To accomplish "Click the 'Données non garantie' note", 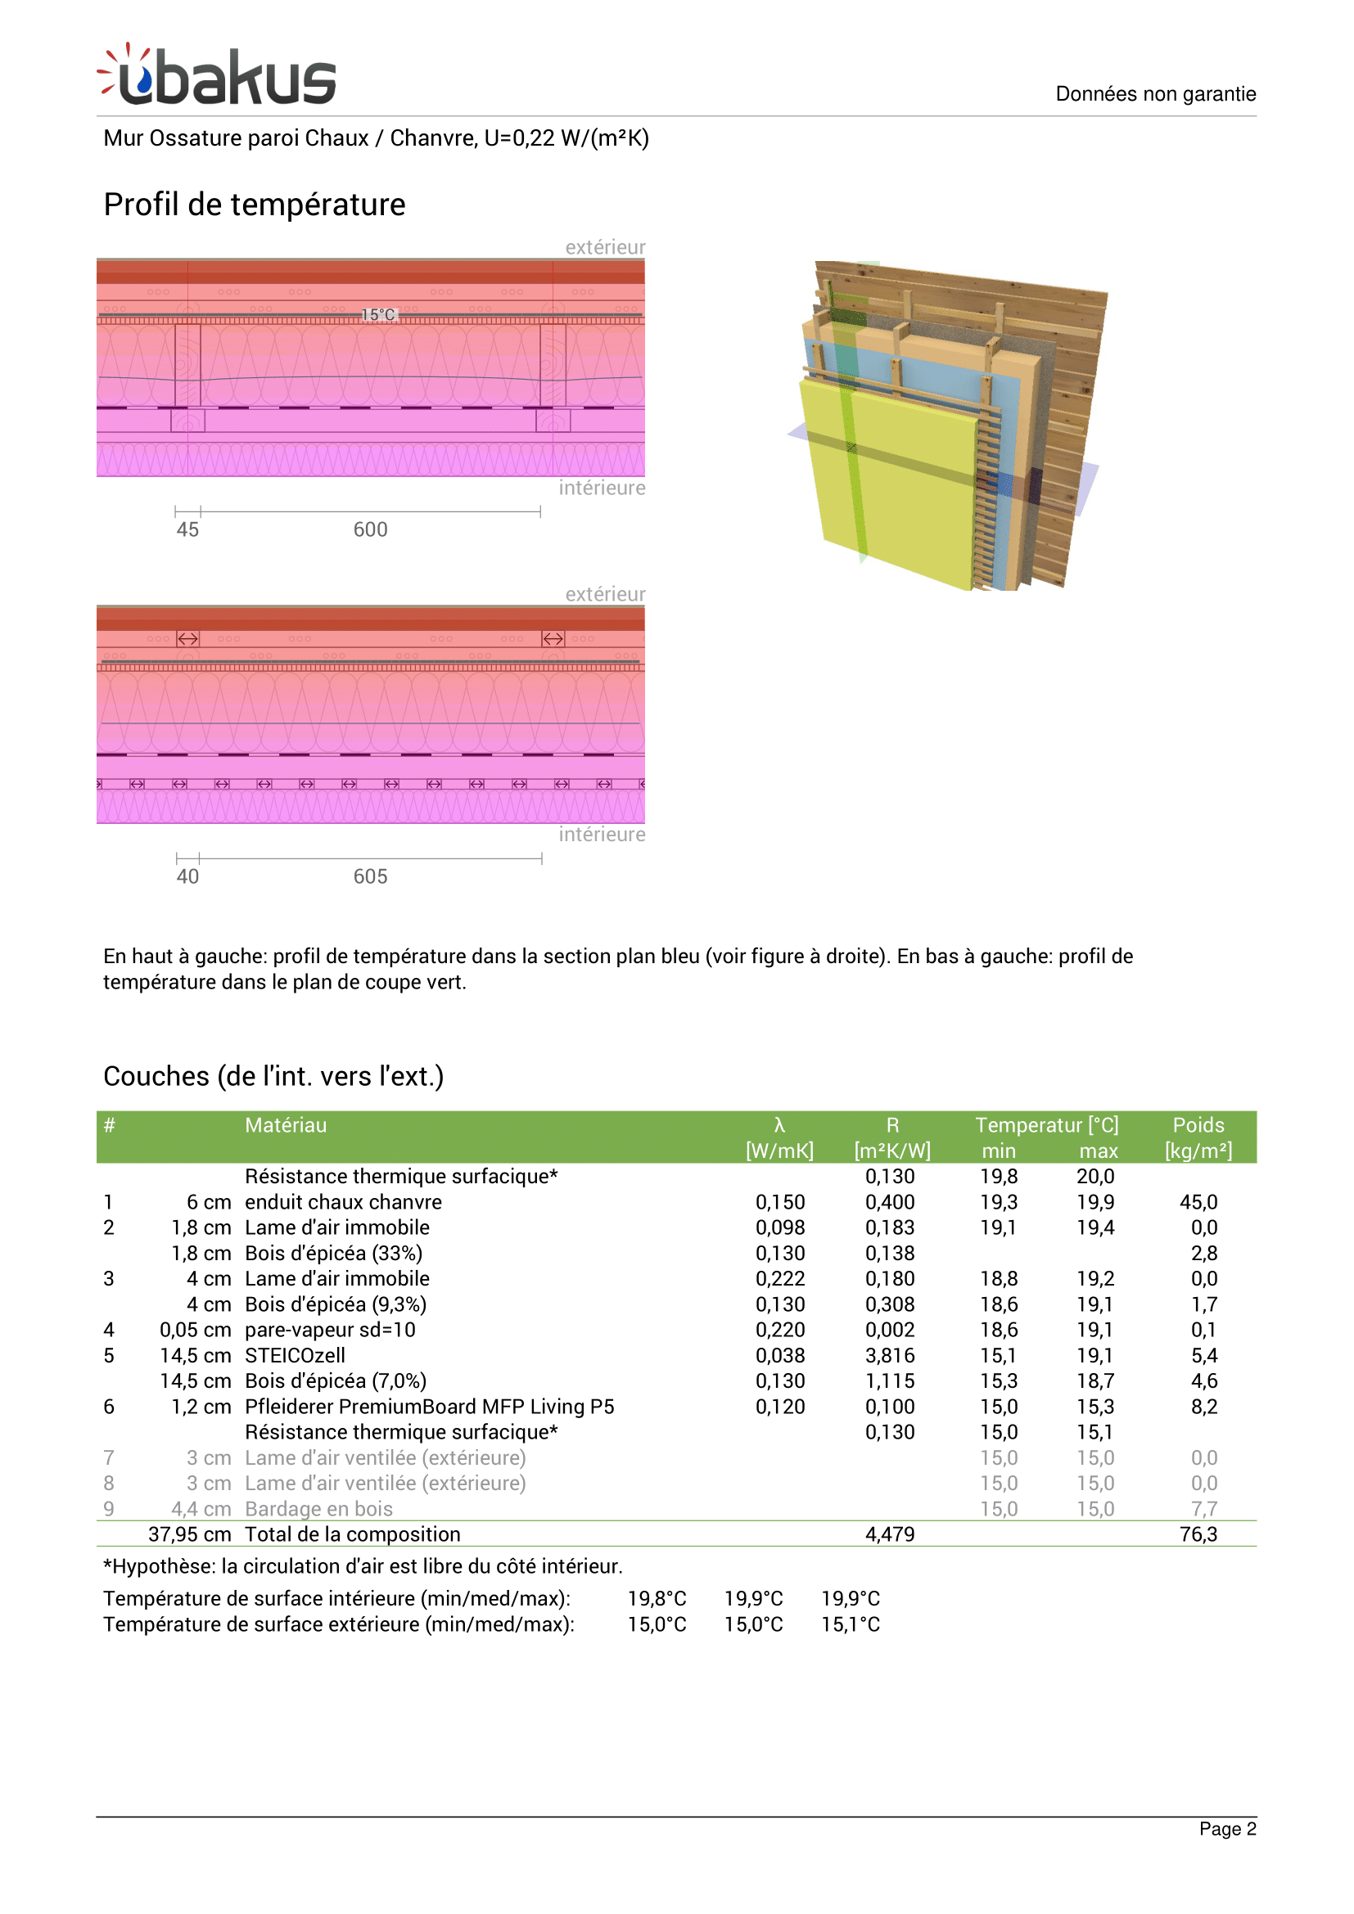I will [x=1155, y=93].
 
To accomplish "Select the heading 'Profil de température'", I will [x=255, y=205].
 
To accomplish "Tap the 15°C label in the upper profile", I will [x=378, y=314].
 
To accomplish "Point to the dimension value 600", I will [x=370, y=529].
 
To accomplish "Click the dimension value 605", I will [x=370, y=876].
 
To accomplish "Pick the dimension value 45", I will [x=187, y=529].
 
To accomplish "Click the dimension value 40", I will [x=187, y=876].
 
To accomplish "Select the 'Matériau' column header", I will [x=285, y=1125].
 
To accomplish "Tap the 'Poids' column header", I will [x=1198, y=1125].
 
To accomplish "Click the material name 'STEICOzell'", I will [x=295, y=1355].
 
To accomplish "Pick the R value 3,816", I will [x=890, y=1355].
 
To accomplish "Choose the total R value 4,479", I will [x=890, y=1533].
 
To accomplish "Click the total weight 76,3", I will [x=1198, y=1533].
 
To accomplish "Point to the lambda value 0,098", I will [x=779, y=1227].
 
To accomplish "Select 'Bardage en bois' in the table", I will [x=318, y=1509].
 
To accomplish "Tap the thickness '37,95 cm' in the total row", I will [x=189, y=1533].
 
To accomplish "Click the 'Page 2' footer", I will [x=1226, y=1829].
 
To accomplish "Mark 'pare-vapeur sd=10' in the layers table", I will [x=329, y=1330].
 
